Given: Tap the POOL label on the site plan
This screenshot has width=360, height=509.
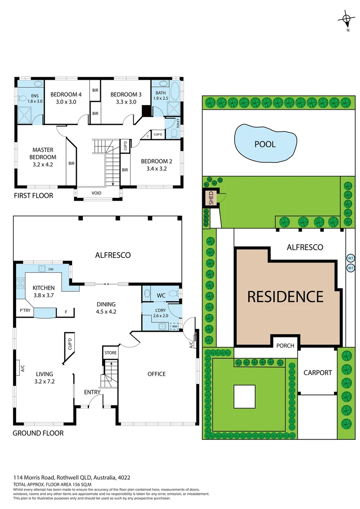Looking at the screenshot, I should [x=265, y=144].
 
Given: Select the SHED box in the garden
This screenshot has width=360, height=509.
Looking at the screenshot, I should [x=211, y=197].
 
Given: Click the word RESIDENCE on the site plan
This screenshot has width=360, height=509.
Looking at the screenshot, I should [x=286, y=296].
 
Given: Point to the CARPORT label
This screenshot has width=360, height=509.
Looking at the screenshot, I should [x=318, y=372].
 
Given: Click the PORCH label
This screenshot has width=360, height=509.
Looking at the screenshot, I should [x=285, y=345].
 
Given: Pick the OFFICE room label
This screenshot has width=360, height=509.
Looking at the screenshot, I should [x=156, y=374].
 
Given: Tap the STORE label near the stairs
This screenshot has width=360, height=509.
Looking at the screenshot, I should [x=110, y=352].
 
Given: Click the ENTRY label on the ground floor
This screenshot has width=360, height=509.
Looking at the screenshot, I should [x=92, y=392].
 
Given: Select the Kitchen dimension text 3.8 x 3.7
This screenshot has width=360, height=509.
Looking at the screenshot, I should [x=43, y=296].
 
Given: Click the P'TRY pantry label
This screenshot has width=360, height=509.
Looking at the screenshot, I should [x=25, y=311].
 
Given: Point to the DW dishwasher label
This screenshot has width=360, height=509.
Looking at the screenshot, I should [x=51, y=269].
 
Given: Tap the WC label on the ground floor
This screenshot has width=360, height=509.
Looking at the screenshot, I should [x=161, y=295].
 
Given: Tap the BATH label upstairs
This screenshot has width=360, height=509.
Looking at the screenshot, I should [x=160, y=93].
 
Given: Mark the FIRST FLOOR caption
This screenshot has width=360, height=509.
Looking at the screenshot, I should [x=33, y=195].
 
